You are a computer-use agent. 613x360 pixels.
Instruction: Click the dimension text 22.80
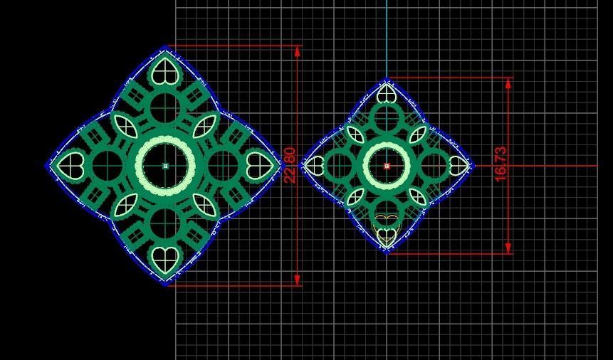coord(290,165)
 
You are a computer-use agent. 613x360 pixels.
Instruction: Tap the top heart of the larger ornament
coord(165,71)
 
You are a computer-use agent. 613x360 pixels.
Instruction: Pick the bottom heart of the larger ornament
coord(165,260)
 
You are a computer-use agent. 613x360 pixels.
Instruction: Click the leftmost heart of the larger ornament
coord(71,166)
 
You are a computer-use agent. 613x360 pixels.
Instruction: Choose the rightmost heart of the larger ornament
coord(258,166)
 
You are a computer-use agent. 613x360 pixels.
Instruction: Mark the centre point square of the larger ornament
coord(165,166)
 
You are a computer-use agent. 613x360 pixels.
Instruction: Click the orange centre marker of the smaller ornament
coord(387,166)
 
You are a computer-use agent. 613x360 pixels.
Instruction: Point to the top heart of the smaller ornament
coord(387,93)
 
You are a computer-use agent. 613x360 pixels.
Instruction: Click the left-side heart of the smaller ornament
coord(314,166)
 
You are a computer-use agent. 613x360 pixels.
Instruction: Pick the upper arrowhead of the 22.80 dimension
coord(298,51)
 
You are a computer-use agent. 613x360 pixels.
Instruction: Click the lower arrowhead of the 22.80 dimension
coord(298,280)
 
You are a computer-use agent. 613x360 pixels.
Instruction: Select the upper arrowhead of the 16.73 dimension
coord(508,83)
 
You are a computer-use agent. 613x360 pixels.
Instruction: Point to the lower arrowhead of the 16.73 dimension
coord(508,248)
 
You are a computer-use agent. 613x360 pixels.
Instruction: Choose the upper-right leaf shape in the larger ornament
coord(205,127)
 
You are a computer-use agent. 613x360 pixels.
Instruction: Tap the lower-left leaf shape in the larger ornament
coord(126,205)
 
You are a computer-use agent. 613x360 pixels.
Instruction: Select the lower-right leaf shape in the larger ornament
coord(205,205)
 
